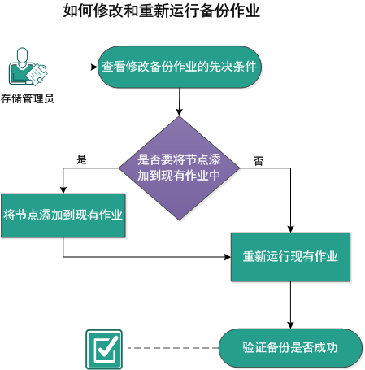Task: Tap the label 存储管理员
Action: (x=28, y=99)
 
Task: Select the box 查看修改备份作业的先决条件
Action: (x=180, y=67)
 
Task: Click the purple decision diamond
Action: (x=178, y=168)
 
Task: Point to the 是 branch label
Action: (x=81, y=159)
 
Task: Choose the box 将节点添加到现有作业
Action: (x=63, y=215)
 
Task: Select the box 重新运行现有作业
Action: (x=290, y=256)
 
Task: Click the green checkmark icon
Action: (x=103, y=349)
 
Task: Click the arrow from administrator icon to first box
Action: (x=77, y=67)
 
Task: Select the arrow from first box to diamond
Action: (x=178, y=102)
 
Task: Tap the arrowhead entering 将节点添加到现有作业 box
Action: (x=63, y=189)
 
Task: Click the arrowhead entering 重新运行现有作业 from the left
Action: (x=227, y=257)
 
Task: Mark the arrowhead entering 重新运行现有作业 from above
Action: (x=290, y=229)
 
